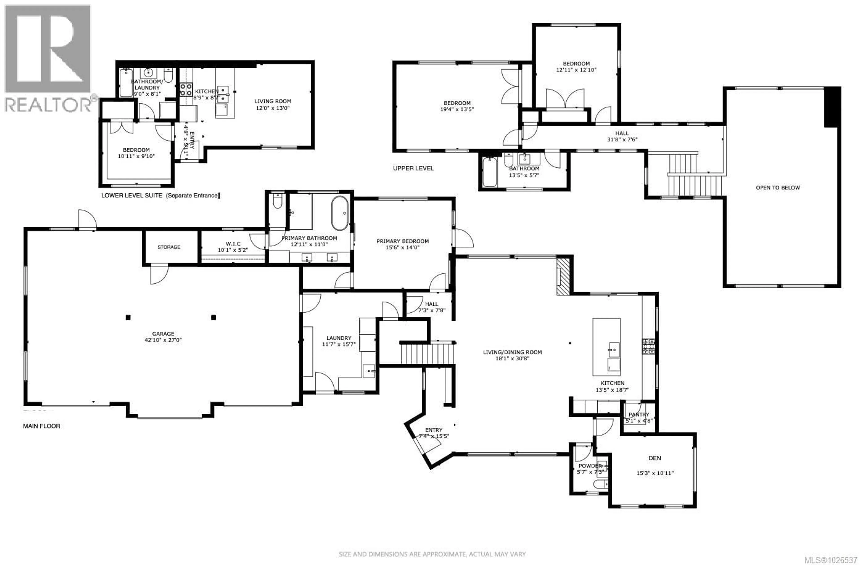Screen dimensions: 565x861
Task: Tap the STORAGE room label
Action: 169,247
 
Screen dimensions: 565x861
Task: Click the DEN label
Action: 654,458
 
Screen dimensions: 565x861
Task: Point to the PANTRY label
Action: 639,415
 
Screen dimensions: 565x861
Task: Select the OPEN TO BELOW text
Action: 778,187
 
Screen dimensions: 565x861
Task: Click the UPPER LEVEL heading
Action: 413,168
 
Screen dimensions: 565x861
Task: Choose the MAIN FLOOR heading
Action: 42,426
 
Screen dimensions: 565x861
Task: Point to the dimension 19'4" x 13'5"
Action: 457,109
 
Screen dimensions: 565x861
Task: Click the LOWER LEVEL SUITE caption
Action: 161,195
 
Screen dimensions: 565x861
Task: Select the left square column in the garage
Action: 128,317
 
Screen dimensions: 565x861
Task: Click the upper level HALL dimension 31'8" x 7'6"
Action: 622,139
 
